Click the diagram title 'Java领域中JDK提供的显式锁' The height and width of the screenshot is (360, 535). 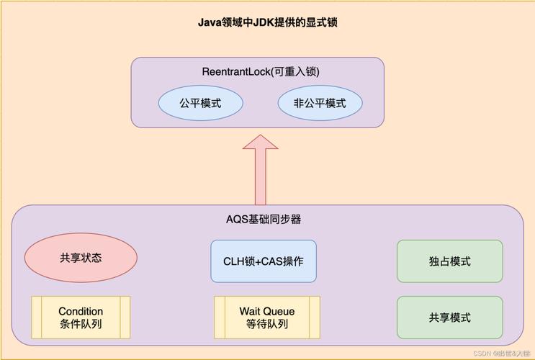268,22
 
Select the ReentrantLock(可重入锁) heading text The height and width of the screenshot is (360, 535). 261,72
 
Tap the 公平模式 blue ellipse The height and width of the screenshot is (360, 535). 200,104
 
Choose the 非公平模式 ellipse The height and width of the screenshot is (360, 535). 320,104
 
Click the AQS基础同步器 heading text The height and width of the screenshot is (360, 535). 269,219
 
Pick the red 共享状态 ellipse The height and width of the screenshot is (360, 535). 81,258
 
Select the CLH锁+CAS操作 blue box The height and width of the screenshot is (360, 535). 264,261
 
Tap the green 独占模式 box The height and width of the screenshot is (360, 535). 450,261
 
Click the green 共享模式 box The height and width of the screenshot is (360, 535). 450,318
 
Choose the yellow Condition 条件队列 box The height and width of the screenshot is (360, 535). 81,318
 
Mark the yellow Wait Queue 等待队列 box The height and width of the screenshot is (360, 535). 267,318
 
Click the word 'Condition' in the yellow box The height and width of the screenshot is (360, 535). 81,311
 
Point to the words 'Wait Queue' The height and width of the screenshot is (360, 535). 267,311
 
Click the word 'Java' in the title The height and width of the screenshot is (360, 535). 209,22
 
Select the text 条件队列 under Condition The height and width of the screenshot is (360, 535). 81,324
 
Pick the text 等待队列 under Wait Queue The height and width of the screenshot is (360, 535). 267,324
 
